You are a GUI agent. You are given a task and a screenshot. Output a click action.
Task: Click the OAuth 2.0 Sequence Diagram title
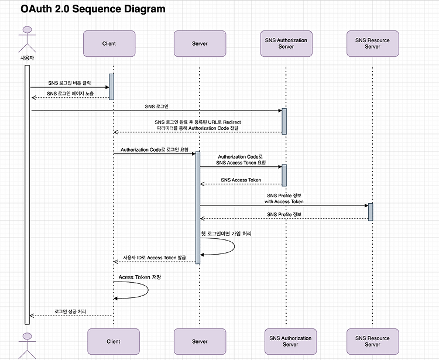(x=93, y=9)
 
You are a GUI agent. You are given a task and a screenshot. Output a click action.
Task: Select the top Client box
(x=109, y=44)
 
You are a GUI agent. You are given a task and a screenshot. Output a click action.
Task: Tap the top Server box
(x=200, y=44)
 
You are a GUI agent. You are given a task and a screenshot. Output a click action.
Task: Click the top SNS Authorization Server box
(x=286, y=44)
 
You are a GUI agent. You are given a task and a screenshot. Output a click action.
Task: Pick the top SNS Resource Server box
(x=373, y=44)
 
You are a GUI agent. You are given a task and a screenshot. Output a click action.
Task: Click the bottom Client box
(x=114, y=341)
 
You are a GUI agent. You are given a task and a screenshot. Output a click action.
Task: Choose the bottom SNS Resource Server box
(x=373, y=341)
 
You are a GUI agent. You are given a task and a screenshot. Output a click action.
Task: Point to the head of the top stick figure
(x=27, y=30)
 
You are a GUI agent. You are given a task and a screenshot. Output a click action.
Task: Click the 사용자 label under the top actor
(x=27, y=58)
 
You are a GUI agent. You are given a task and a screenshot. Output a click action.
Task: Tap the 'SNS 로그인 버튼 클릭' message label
(x=70, y=83)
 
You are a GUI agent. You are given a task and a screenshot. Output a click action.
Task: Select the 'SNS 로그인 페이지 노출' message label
(x=70, y=94)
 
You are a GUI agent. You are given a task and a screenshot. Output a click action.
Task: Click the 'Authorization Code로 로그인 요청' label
(x=155, y=150)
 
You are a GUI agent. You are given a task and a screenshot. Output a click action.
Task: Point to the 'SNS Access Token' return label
(x=241, y=180)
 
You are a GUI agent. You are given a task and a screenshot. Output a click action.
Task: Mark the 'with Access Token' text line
(x=284, y=201)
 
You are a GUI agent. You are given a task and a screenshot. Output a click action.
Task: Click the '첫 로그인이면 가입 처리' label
(x=226, y=234)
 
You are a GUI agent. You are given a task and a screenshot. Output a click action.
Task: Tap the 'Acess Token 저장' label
(x=140, y=277)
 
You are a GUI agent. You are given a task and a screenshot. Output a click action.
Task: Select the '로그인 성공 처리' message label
(x=70, y=311)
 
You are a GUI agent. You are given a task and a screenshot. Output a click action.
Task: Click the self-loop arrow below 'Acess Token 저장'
(x=148, y=290)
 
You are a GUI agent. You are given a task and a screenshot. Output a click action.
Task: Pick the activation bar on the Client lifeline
(x=111, y=87)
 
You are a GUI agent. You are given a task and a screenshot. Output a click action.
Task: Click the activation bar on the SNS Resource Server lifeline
(x=371, y=212)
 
